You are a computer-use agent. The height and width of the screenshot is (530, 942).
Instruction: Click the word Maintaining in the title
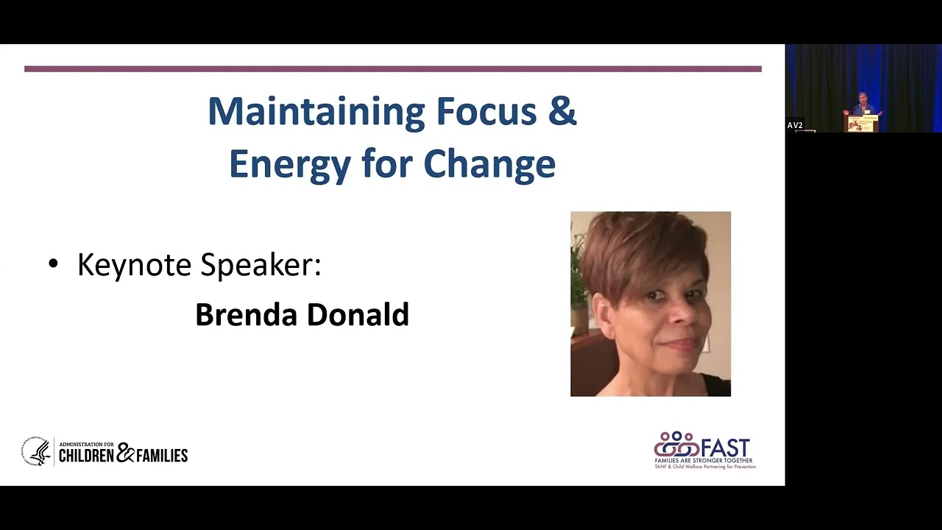point(316,112)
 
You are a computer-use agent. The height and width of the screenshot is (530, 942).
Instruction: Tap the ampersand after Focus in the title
point(563,112)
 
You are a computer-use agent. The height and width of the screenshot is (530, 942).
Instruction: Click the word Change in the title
point(489,164)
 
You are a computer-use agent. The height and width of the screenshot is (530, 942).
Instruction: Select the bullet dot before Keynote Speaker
point(52,264)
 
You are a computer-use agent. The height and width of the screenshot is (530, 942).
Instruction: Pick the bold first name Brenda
point(247,314)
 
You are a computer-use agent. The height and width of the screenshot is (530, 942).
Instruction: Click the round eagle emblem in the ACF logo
point(36,452)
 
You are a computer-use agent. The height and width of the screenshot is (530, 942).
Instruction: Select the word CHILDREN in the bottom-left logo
point(86,456)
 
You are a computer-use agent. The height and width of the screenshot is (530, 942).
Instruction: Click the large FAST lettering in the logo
point(726,448)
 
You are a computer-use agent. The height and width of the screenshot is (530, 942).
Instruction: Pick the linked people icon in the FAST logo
point(676,445)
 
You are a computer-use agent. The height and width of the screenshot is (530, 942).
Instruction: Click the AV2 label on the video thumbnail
point(795,125)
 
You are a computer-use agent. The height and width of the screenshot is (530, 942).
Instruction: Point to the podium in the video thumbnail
point(862,124)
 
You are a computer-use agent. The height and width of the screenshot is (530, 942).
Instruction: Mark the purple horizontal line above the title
point(392,69)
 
